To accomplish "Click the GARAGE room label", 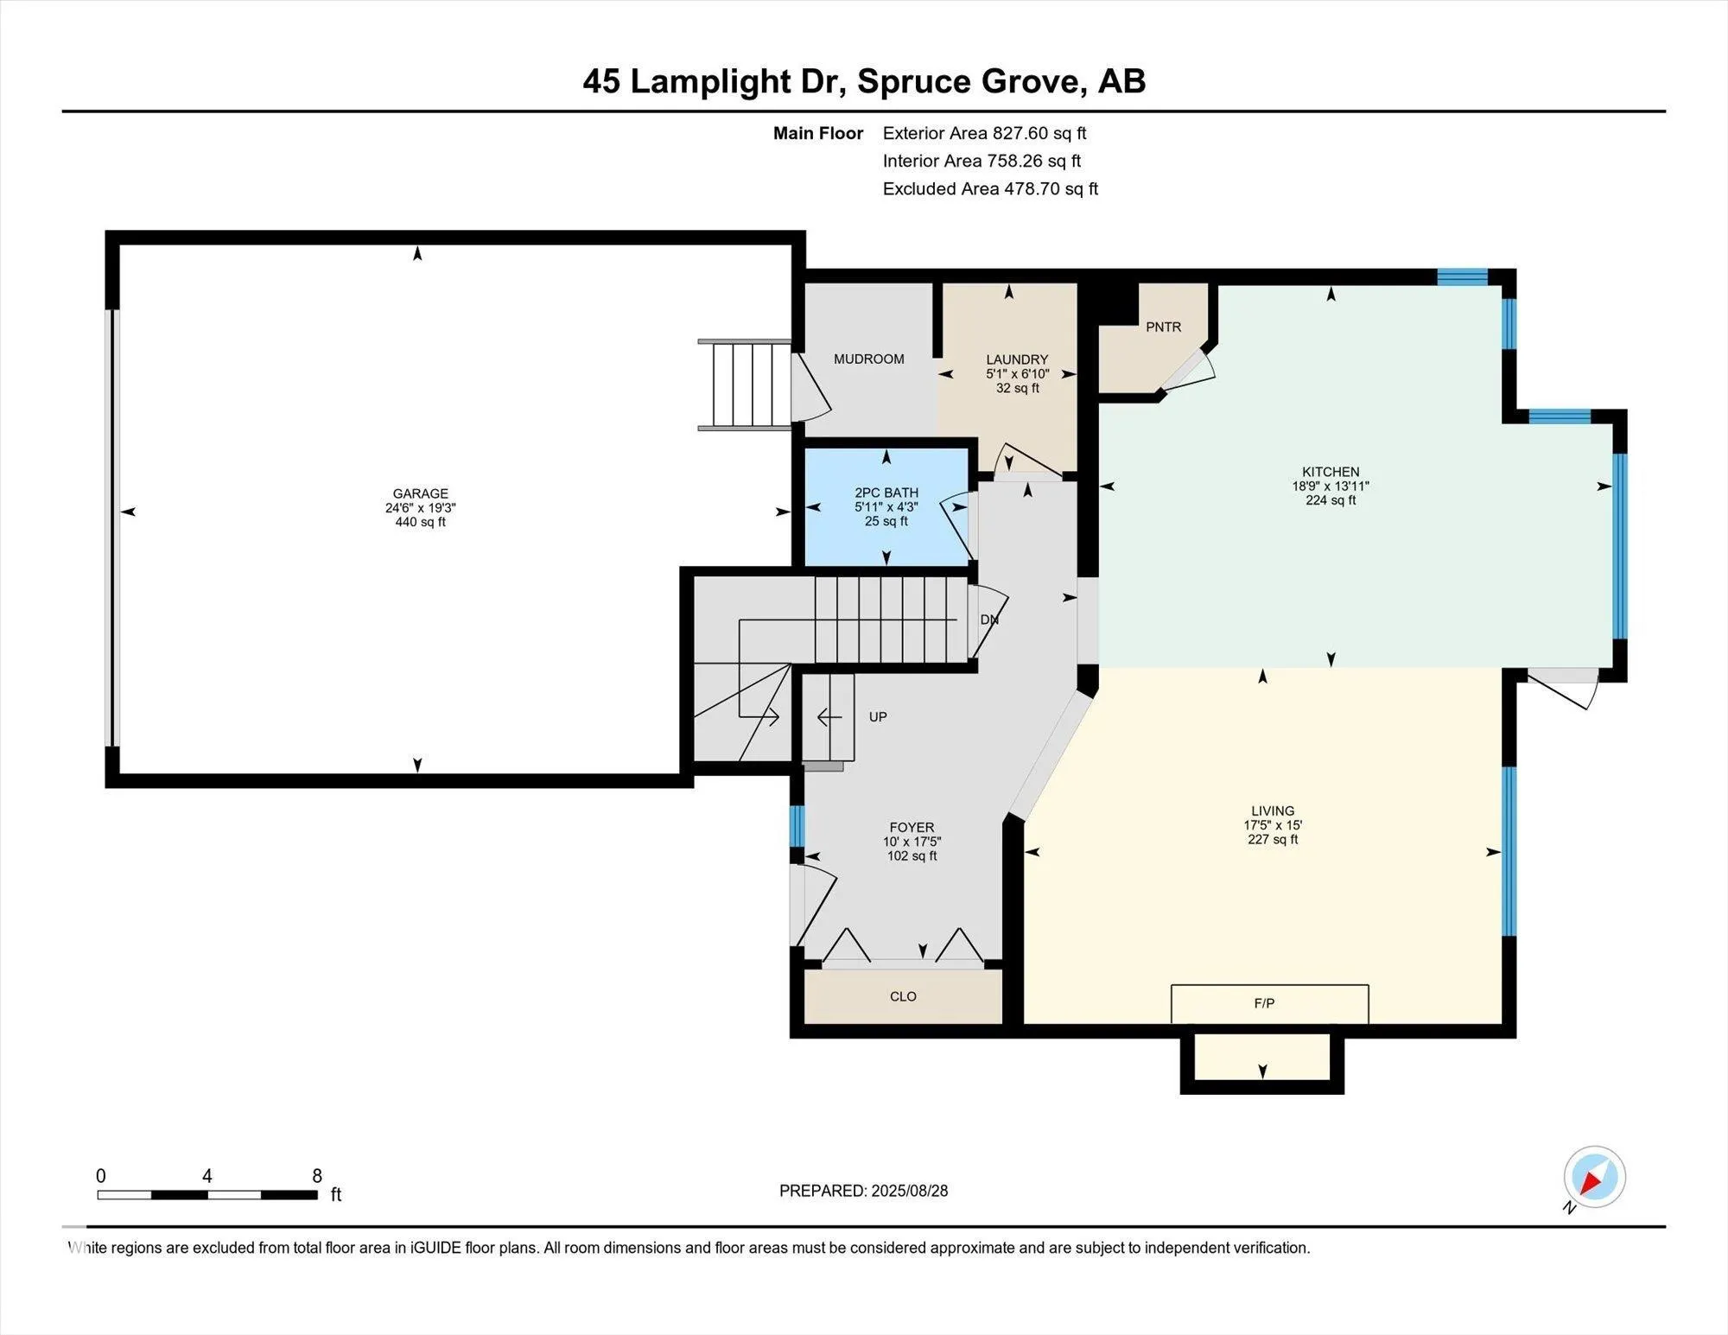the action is click(420, 493).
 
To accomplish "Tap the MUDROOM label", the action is click(868, 359).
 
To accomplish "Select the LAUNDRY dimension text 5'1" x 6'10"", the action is click(1017, 374).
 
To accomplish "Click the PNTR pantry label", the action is click(1163, 327).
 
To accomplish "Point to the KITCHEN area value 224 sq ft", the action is click(1331, 500).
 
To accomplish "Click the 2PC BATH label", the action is click(886, 493).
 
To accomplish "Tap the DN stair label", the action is click(989, 620).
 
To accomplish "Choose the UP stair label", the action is click(878, 716).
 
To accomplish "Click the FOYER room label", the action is click(912, 827).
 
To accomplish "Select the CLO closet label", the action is click(903, 996).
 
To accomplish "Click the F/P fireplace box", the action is click(1269, 1004).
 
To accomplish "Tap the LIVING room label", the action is click(1273, 811).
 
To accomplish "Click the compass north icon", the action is click(1594, 1177).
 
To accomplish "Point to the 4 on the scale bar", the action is click(206, 1176).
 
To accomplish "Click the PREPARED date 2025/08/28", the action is click(909, 1191).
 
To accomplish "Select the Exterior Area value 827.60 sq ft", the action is click(1039, 133).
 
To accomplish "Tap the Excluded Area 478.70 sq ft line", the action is click(990, 188).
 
